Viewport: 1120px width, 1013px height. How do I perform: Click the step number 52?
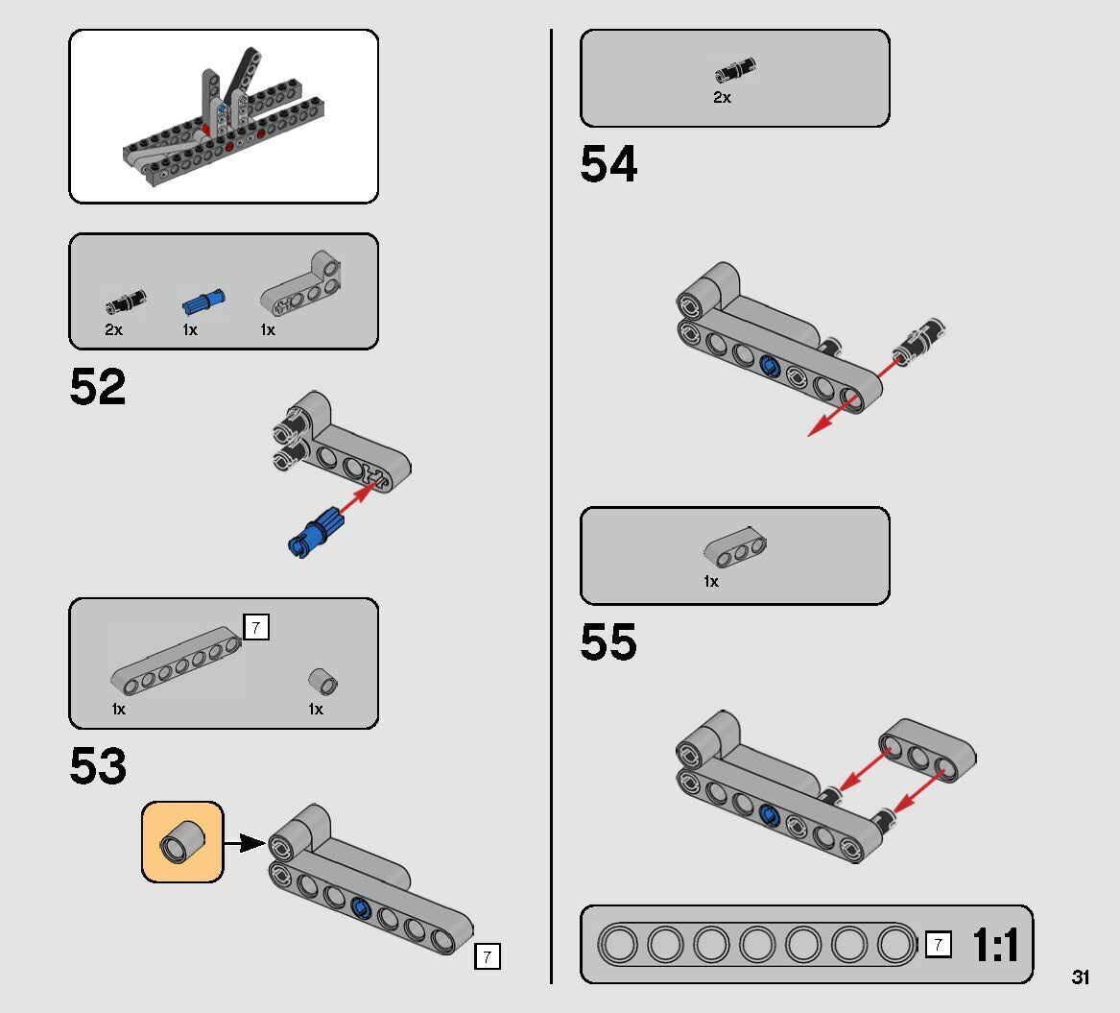(98, 387)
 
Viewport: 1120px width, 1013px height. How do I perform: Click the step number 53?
(98, 766)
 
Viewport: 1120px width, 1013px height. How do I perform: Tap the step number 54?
(608, 164)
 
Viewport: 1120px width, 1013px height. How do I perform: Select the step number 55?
(608, 641)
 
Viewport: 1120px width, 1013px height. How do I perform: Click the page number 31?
(1081, 977)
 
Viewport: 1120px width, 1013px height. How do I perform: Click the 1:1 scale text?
(995, 945)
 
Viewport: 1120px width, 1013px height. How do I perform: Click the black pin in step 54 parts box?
(736, 72)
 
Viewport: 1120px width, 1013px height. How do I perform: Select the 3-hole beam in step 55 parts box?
(735, 547)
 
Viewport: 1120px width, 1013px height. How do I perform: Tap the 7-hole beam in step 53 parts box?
(176, 661)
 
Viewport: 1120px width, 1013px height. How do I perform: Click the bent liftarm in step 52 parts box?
(304, 286)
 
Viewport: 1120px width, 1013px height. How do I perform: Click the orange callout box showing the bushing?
(182, 842)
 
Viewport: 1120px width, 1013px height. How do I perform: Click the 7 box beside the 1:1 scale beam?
(938, 945)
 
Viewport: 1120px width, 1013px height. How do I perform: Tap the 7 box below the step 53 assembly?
(488, 956)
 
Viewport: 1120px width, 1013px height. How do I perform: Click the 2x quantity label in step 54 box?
(722, 97)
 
